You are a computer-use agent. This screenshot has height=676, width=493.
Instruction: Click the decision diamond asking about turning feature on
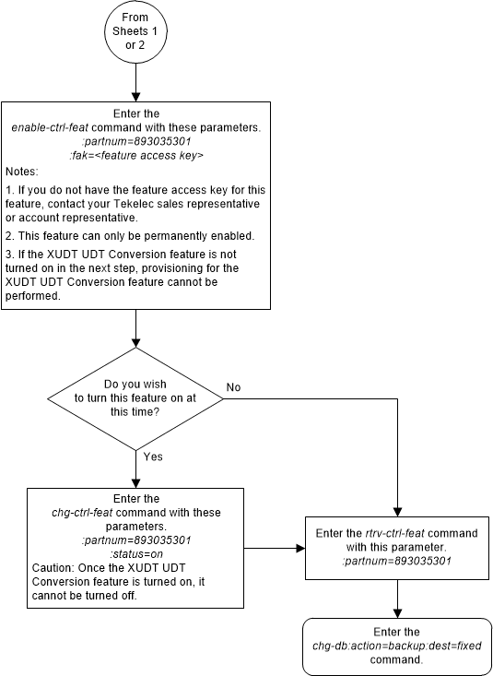point(135,398)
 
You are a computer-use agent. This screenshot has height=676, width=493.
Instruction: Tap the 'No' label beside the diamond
point(234,387)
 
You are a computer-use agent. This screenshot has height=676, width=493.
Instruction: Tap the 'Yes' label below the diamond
point(153,456)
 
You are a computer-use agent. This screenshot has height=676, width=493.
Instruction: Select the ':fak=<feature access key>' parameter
point(135,156)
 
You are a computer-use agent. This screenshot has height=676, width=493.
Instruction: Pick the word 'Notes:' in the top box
point(23,172)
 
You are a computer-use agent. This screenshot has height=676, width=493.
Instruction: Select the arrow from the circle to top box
point(135,83)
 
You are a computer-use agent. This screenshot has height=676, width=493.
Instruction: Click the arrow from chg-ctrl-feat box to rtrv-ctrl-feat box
point(275,547)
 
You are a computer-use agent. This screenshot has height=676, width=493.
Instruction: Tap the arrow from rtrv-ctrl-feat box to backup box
point(396,599)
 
